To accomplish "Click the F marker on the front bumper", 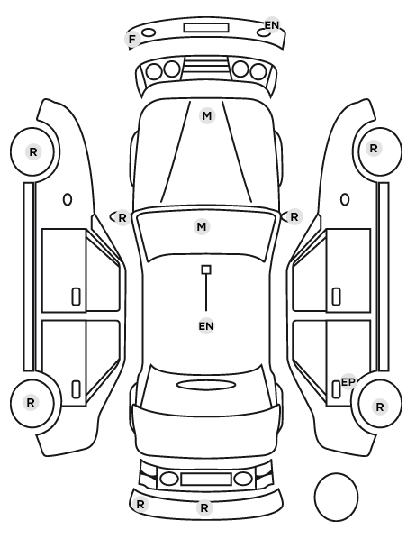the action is click(131, 40).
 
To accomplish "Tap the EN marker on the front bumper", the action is click(272, 25).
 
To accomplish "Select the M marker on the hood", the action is click(207, 116).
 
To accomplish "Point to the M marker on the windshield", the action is click(202, 227).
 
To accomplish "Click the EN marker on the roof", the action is click(206, 326).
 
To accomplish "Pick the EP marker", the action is click(348, 382).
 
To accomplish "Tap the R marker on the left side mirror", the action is click(122, 217).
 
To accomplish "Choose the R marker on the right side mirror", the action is click(294, 217).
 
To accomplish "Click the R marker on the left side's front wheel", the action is click(33, 152).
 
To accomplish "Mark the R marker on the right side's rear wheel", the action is click(380, 407).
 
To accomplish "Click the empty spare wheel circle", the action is click(336, 497).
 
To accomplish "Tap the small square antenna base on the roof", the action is click(206, 269).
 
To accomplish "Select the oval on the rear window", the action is click(206, 385).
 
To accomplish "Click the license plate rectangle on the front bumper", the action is click(206, 28).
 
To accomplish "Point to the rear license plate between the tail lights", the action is click(206, 480).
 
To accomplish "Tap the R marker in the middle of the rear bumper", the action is click(204, 507).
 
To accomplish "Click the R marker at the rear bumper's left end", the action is click(140, 504).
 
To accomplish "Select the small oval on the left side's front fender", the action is click(68, 199).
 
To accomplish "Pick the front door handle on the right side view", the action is click(337, 297).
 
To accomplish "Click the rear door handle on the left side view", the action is click(76, 389).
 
